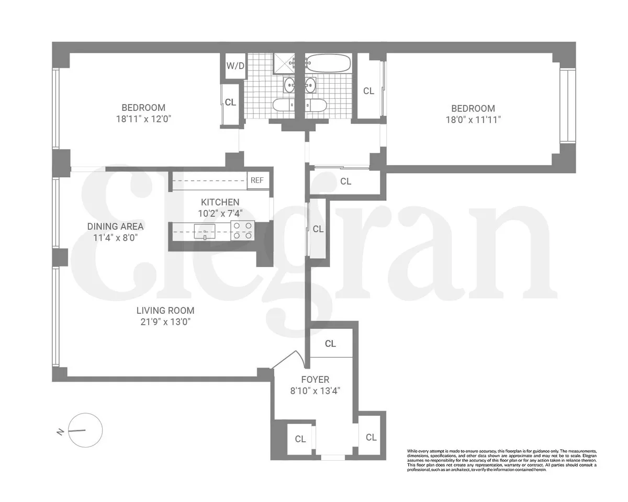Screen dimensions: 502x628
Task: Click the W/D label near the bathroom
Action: [235, 66]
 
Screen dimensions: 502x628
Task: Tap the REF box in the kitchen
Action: [257, 180]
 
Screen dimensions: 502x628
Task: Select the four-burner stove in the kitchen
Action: [242, 231]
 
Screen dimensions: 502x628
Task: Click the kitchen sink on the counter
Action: [204, 231]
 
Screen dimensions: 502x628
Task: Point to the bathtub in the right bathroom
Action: [328, 63]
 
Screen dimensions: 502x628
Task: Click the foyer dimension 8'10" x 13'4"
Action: [315, 390]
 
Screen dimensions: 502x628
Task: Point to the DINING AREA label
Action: [115, 226]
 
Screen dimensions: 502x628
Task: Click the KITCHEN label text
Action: [220, 202]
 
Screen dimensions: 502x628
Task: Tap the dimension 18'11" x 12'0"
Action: [143, 119]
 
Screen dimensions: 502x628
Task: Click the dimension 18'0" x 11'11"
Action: [473, 119]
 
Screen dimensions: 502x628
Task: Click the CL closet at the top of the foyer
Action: [330, 344]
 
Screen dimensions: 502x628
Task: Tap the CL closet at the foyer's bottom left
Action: [300, 439]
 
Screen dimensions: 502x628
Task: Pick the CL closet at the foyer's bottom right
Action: [371, 437]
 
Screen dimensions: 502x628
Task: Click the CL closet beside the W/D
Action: [230, 102]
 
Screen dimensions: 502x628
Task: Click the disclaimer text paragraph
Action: [501, 460]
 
